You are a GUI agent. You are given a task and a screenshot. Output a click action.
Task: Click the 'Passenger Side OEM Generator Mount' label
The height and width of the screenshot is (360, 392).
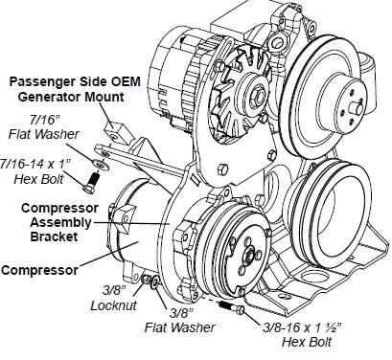[x=75, y=89]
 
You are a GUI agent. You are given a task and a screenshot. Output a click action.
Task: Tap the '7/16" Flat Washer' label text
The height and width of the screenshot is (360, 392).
[x=44, y=127]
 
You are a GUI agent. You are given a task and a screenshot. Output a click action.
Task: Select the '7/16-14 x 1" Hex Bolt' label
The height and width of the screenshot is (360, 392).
[x=35, y=171]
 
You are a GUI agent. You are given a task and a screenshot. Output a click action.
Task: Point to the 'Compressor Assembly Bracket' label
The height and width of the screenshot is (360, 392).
[x=59, y=222]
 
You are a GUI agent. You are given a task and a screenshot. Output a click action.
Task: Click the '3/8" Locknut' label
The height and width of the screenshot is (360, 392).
[x=114, y=298]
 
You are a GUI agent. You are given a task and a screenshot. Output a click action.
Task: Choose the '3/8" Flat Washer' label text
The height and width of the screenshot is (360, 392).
[x=180, y=321]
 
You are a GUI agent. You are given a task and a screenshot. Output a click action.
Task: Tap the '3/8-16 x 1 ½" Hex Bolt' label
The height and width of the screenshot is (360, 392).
[x=302, y=335]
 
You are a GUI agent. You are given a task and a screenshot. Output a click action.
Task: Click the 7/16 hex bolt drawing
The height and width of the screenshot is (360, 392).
[x=91, y=183]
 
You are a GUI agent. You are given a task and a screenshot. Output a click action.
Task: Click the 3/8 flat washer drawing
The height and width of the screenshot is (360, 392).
[x=155, y=282]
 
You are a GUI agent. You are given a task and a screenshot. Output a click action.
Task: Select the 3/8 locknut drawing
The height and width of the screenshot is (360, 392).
[x=146, y=279]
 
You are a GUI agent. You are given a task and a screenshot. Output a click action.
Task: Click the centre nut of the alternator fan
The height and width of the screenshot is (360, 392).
[x=256, y=95]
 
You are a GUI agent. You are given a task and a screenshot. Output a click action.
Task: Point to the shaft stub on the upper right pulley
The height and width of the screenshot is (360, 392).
[x=356, y=107]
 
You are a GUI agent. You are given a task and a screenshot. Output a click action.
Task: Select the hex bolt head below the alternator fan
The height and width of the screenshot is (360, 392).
[x=223, y=169]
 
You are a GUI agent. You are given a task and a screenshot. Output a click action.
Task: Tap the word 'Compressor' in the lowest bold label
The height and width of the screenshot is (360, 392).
[x=39, y=270]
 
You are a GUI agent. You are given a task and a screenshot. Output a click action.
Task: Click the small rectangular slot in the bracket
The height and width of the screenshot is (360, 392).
[x=195, y=178]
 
